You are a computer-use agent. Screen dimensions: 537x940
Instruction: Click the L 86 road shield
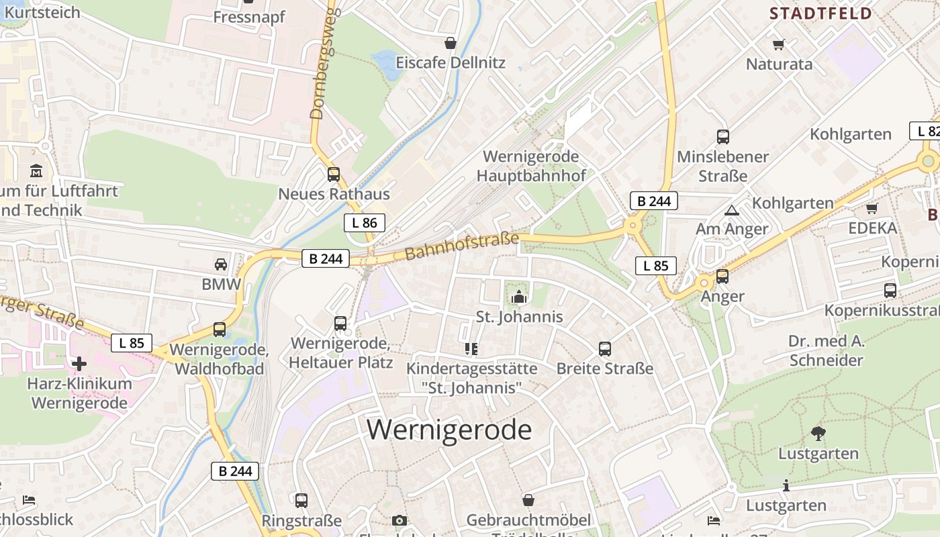click(365, 223)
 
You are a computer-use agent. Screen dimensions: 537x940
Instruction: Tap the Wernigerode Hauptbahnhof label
click(530, 166)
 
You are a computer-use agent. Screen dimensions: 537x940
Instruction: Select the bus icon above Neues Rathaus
click(334, 175)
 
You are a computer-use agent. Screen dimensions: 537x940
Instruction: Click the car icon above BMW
click(221, 264)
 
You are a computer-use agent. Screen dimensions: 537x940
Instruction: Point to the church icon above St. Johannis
click(518, 296)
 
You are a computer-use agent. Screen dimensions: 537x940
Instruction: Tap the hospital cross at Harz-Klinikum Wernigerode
click(79, 364)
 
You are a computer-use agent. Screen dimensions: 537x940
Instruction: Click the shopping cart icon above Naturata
click(779, 44)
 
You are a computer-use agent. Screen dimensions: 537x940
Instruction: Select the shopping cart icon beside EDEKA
click(872, 208)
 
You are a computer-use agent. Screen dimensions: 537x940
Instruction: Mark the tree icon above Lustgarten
click(818, 433)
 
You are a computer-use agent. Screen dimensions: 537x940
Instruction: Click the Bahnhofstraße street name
click(462, 247)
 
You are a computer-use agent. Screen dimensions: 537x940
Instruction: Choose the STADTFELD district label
click(820, 13)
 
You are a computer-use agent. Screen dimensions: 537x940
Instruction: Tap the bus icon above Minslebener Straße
click(722, 137)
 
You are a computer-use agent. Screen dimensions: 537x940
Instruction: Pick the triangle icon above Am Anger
click(731, 210)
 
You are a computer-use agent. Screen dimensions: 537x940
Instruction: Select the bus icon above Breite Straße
click(604, 349)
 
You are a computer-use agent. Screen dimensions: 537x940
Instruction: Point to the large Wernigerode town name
click(449, 429)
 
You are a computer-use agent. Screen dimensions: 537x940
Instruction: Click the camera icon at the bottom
click(399, 520)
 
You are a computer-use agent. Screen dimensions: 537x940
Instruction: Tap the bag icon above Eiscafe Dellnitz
click(450, 43)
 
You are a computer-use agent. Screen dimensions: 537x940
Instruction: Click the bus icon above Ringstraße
click(301, 500)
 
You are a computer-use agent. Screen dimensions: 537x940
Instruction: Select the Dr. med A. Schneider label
click(826, 350)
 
